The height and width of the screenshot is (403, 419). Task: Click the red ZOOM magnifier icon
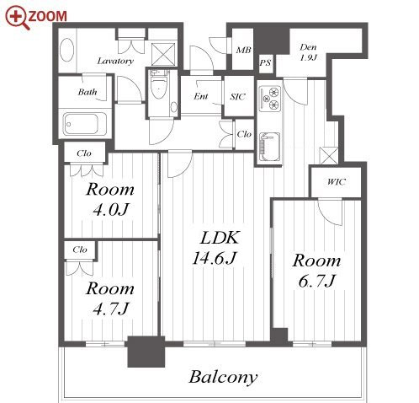click(18, 17)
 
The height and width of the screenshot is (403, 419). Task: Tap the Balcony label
click(223, 378)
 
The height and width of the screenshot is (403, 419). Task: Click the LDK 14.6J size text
click(214, 258)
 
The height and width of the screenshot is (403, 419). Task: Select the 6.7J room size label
click(316, 281)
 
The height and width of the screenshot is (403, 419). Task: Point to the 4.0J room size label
click(110, 209)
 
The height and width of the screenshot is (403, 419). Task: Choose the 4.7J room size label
click(110, 309)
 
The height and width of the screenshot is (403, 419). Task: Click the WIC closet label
click(336, 182)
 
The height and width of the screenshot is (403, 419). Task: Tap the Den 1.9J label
click(308, 52)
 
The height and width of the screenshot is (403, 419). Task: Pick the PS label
click(265, 62)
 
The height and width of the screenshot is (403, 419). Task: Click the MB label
click(243, 51)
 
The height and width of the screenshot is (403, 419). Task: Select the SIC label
click(237, 97)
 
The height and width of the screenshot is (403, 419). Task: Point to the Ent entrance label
click(201, 96)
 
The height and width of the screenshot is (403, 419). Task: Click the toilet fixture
click(158, 84)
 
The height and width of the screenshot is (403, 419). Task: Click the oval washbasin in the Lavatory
click(67, 50)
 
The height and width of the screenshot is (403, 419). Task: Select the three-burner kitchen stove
click(269, 99)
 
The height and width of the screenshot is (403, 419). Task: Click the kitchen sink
click(269, 147)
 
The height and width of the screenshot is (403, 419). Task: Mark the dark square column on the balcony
click(146, 352)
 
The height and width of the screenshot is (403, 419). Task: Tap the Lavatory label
click(115, 61)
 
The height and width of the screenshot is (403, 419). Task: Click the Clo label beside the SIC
click(244, 134)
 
